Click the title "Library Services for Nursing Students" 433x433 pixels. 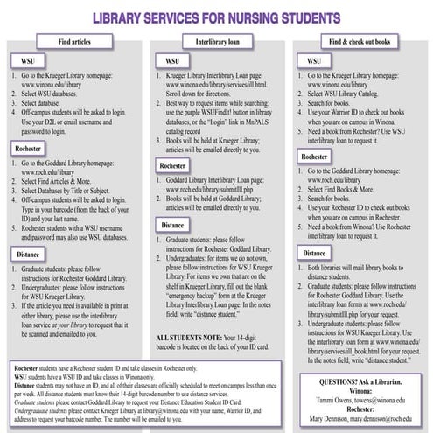point(216,17)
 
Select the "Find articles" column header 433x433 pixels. point(76,42)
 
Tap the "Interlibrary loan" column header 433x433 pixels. point(217,42)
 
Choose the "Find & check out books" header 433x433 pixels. point(360,42)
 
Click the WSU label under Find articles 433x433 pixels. point(25,62)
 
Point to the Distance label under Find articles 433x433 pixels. point(31,255)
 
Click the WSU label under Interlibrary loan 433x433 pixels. point(170,62)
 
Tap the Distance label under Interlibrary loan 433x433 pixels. point(174,223)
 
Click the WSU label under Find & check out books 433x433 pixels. point(312,62)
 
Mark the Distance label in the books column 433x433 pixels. point(317,253)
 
